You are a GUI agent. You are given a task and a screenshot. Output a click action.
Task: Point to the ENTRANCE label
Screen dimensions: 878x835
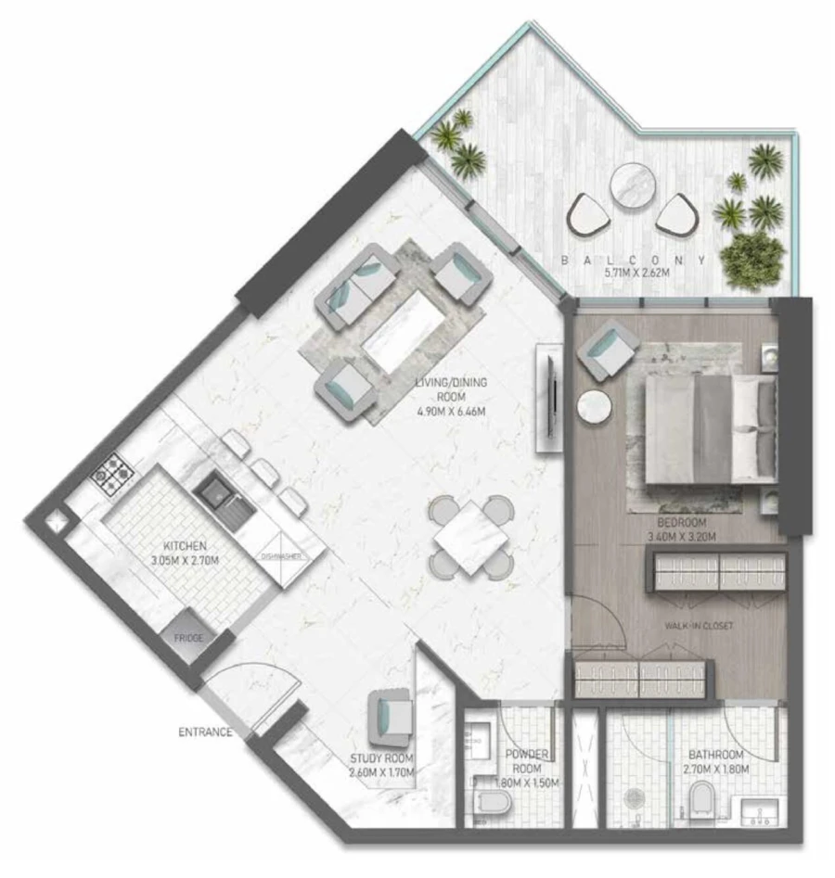click(205, 732)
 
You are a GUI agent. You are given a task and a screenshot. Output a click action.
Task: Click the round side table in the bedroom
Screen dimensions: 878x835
click(594, 409)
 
